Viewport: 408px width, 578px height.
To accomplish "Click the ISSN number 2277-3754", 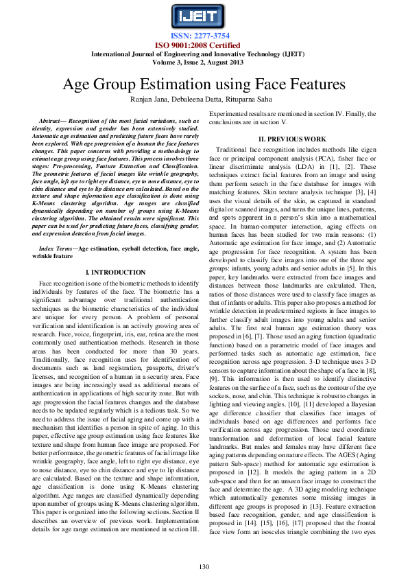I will (204, 36).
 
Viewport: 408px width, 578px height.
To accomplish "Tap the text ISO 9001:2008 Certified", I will (204, 45).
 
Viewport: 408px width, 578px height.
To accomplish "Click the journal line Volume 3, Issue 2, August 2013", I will (204, 62).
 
